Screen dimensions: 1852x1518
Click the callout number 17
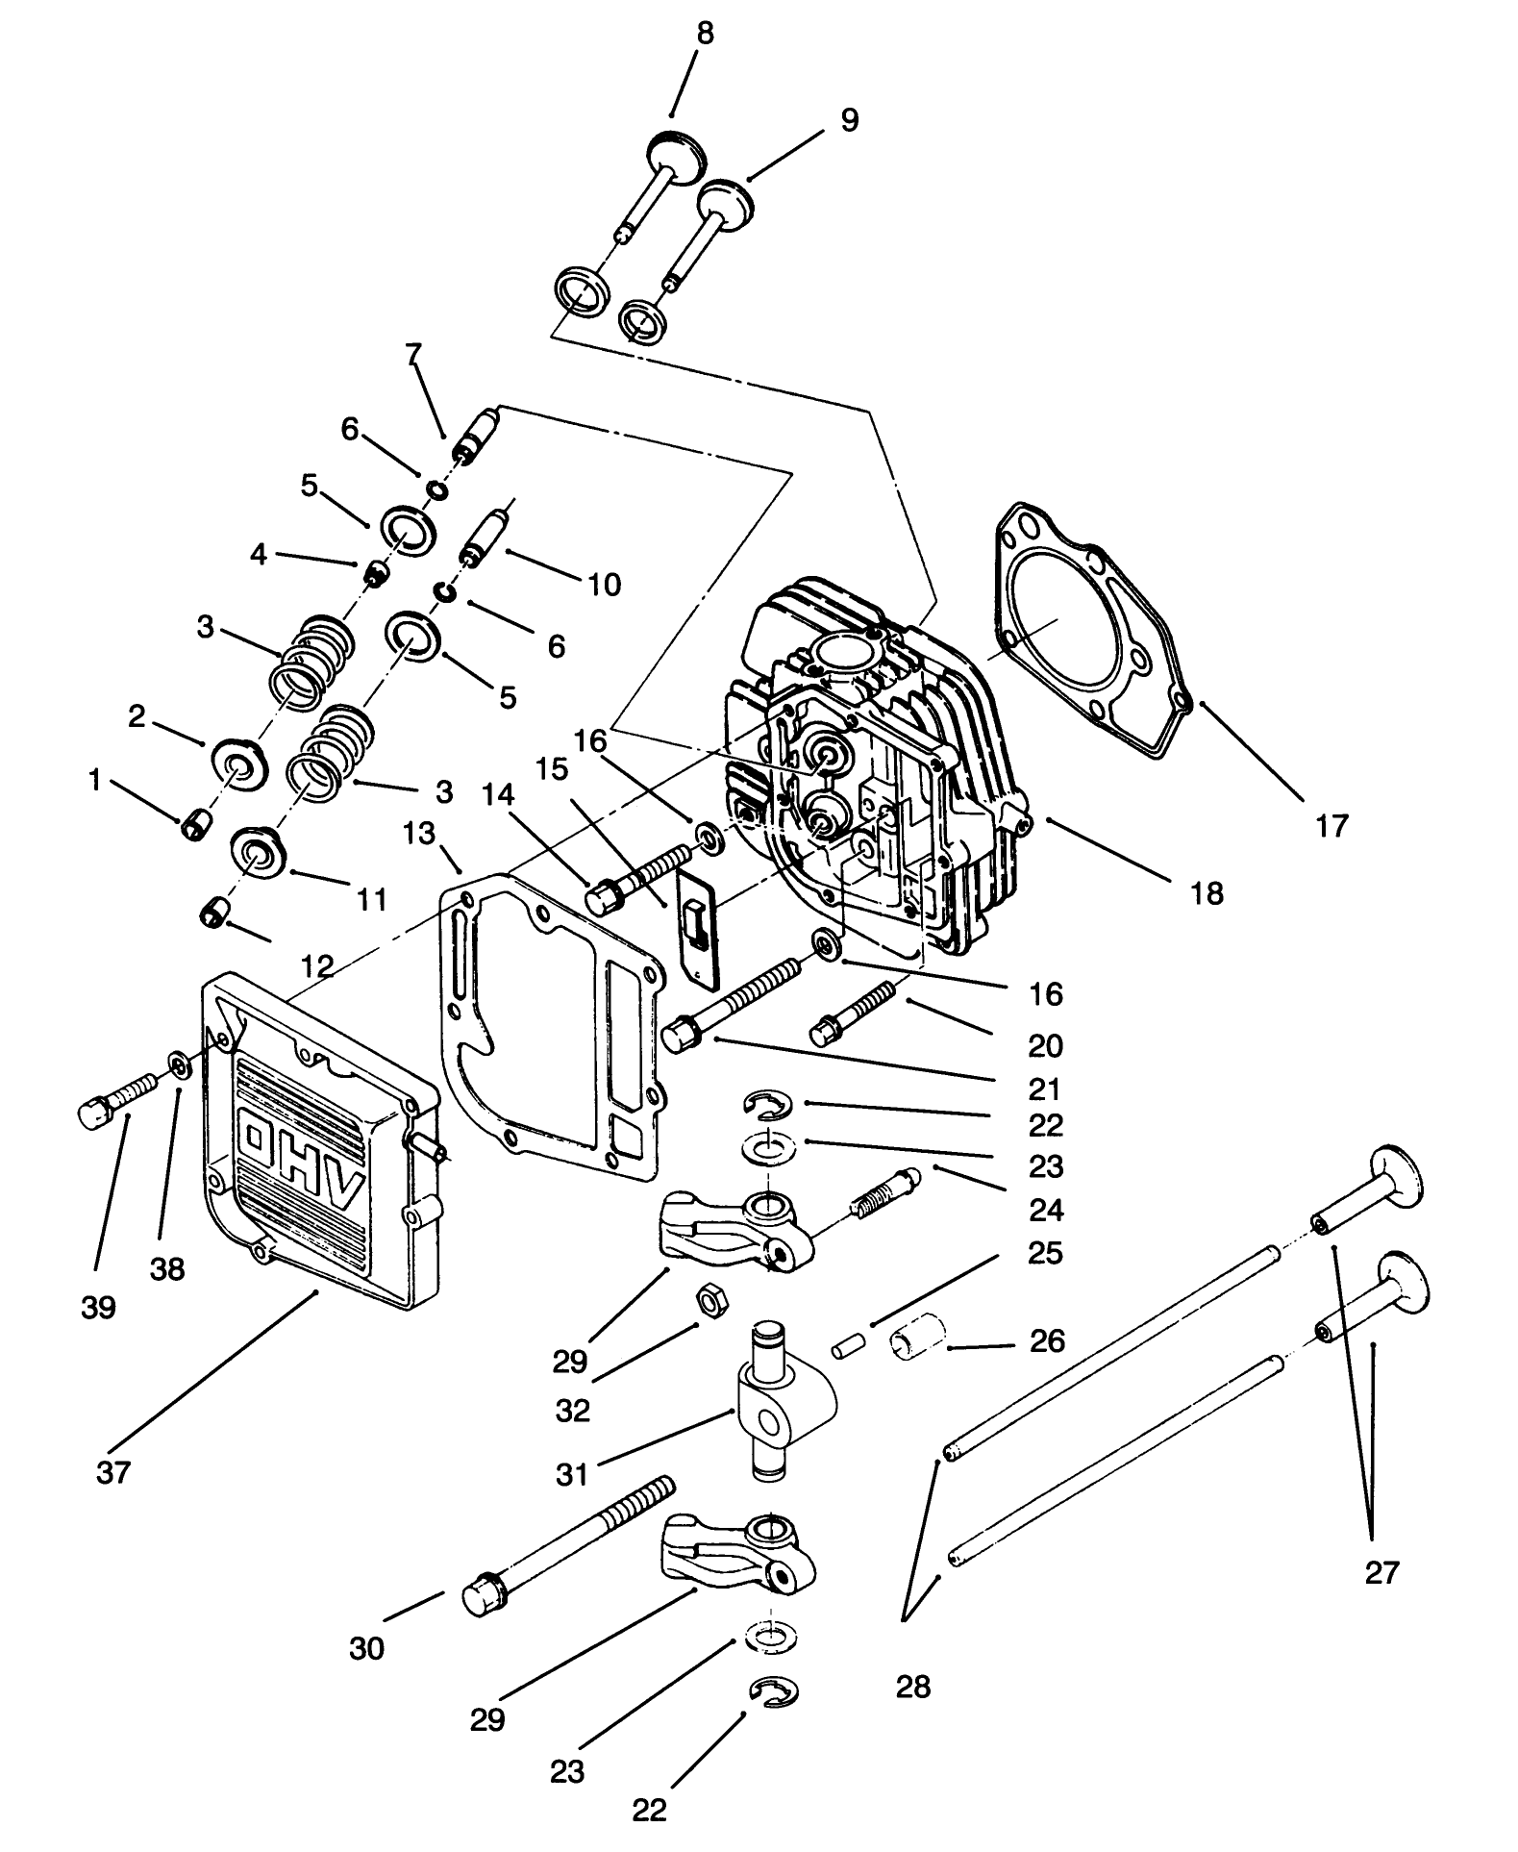[x=1331, y=825]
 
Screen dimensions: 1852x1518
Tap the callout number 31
[x=572, y=1474]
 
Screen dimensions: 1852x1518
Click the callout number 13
[x=418, y=833]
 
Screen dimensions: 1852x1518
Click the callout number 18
[x=1207, y=892]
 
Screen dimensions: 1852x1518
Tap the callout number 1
[x=94, y=781]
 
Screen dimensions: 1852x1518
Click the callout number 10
[x=604, y=584]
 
